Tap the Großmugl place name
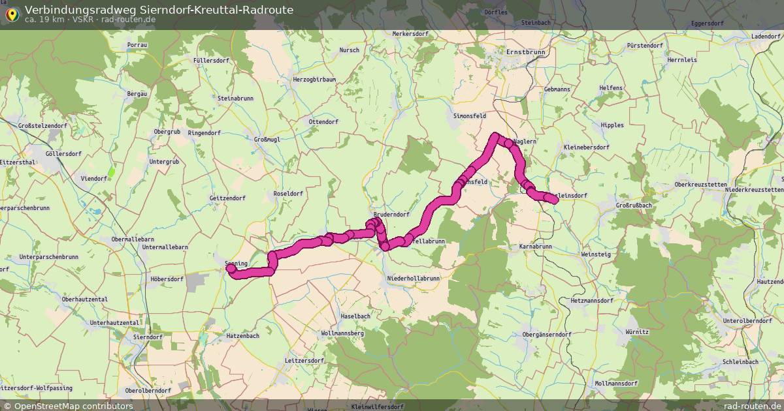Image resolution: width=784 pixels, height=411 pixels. (x=267, y=139)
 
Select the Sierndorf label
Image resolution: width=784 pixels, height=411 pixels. (x=147, y=337)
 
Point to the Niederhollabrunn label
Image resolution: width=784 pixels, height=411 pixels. (x=414, y=278)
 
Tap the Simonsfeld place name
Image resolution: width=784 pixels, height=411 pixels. (x=470, y=115)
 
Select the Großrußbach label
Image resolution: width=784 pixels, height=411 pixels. (x=634, y=205)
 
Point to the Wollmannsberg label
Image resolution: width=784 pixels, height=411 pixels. (x=342, y=333)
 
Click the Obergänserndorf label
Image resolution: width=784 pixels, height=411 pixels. (x=547, y=334)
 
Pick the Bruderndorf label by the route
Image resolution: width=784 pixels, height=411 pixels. (x=391, y=214)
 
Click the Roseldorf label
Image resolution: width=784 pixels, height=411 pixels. (x=288, y=194)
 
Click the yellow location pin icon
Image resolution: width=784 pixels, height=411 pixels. (x=11, y=14)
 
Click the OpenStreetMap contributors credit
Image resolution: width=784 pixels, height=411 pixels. (x=67, y=406)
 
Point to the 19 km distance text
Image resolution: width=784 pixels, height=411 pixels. (x=49, y=20)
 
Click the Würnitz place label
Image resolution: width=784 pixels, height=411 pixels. (x=636, y=332)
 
